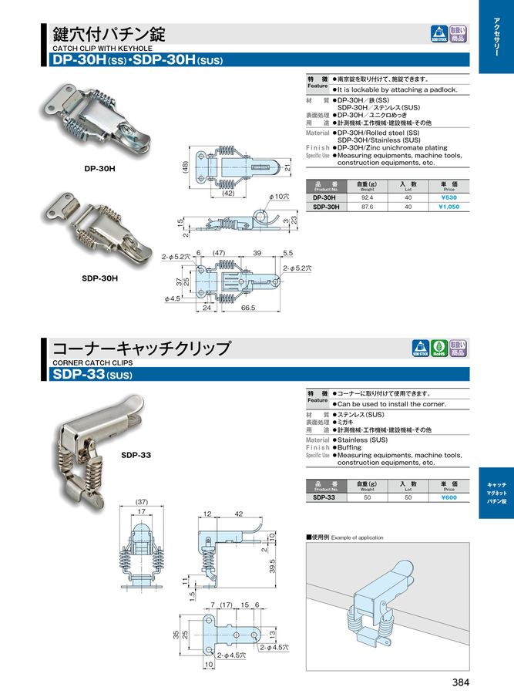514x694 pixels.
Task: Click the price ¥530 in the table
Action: point(448,197)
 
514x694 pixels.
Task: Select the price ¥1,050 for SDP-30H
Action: point(448,207)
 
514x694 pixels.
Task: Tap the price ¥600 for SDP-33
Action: point(448,497)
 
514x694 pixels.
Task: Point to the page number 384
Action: point(459,681)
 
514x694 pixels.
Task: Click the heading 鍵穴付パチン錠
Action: point(108,34)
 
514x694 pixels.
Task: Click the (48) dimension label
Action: point(186,167)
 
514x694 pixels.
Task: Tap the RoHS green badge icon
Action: point(438,348)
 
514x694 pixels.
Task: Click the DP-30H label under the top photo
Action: point(99,168)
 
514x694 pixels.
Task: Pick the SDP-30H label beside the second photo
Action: point(99,277)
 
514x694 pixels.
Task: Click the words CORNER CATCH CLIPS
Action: point(92,362)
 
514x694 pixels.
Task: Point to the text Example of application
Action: point(357,537)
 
